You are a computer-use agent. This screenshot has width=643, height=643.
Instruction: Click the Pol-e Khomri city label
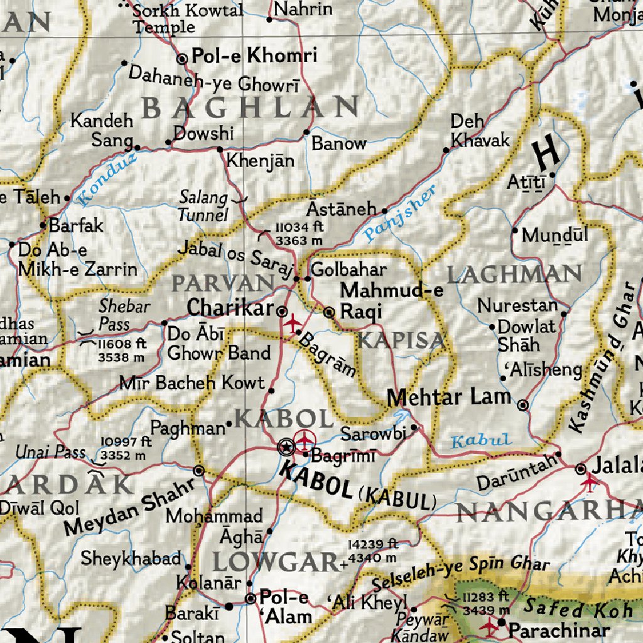(254, 57)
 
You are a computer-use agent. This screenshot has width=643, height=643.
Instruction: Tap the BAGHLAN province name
(250, 107)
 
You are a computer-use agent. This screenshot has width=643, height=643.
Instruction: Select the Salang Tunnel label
(203, 207)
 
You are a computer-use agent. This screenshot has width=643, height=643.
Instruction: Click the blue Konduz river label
(107, 180)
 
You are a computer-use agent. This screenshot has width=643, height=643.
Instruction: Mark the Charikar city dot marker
(283, 311)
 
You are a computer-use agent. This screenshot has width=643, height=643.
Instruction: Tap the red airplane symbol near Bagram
(292, 322)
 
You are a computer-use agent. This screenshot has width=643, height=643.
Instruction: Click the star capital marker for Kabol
(285, 446)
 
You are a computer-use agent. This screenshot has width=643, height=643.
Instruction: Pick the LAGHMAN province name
(514, 274)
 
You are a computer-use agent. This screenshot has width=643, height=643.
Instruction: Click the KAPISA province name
(402, 341)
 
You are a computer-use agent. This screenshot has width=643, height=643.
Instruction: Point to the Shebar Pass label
(124, 315)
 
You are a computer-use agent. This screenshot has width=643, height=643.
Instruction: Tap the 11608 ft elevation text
(122, 344)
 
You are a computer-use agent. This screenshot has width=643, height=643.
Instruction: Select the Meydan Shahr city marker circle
(199, 470)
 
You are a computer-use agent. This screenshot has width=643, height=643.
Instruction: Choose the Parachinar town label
(559, 630)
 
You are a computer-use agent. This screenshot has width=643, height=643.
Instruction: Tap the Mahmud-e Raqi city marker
(329, 311)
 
